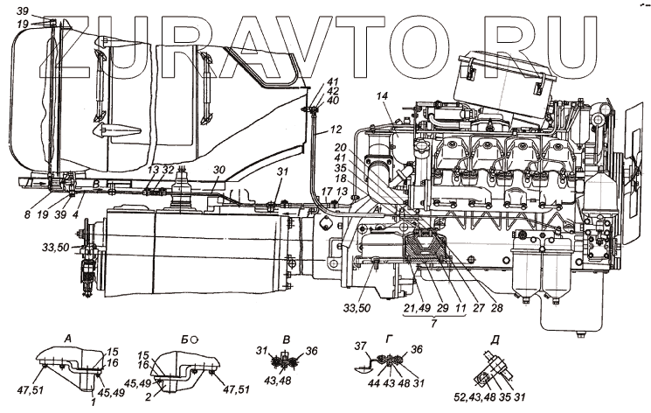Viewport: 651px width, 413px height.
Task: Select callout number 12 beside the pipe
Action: tap(336, 130)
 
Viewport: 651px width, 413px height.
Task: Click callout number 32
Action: tap(167, 170)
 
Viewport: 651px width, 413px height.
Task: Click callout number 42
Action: tap(332, 90)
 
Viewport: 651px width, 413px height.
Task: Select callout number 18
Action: tap(339, 178)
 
